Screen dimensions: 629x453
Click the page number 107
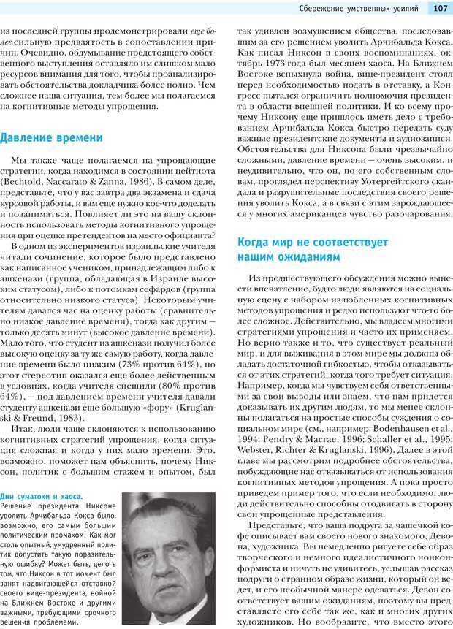[440, 9]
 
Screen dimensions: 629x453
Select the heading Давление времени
[51, 137]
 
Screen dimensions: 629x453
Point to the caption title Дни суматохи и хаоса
[42, 495]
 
